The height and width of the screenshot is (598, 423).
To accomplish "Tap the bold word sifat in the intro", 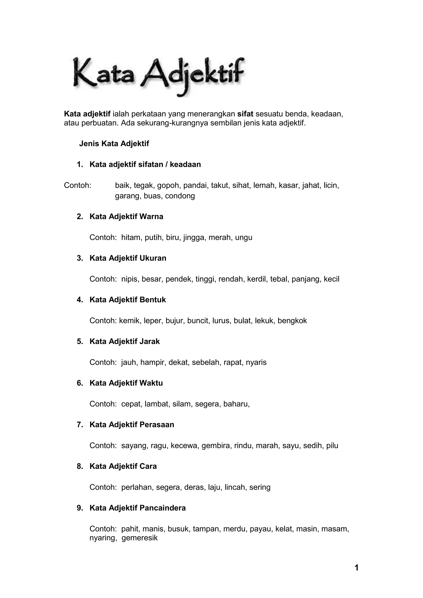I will pyautogui.click(x=245, y=114).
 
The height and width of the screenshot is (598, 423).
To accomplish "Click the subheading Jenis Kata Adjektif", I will pyautogui.click(x=114, y=144).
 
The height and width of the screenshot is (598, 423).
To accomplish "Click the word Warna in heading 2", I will pyautogui.click(x=151, y=217).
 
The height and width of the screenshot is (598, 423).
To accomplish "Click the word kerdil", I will pyautogui.click(x=256, y=279).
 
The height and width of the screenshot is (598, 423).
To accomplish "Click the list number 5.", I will pyautogui.click(x=80, y=341).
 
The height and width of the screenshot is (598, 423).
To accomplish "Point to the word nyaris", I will pyautogui.click(x=256, y=362).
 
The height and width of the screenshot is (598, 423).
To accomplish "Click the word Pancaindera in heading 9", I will pyautogui.click(x=163, y=508).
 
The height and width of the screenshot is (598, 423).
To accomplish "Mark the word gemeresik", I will pyautogui.click(x=140, y=538).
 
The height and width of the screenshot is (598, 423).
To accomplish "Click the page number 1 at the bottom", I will pyautogui.click(x=356, y=568).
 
